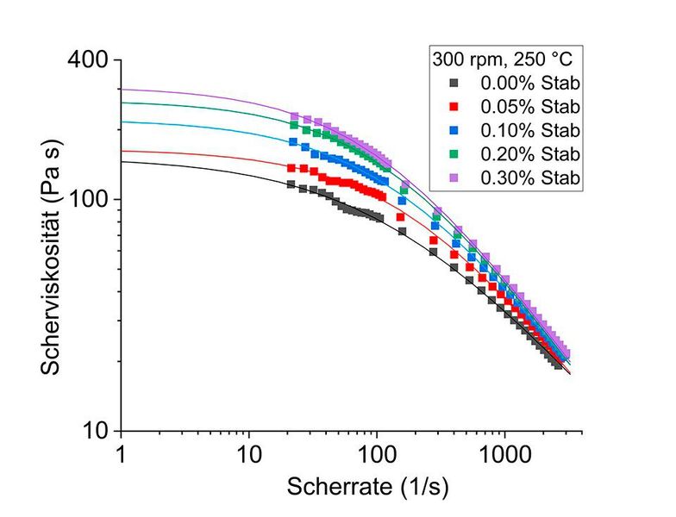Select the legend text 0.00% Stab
pos(529,84)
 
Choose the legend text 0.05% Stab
pos(529,107)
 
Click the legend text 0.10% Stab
pos(529,130)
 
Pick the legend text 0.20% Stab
pos(529,153)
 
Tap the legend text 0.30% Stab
pos(529,177)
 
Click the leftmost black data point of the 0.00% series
pos(291,184)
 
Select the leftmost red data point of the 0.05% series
pos(291,168)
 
